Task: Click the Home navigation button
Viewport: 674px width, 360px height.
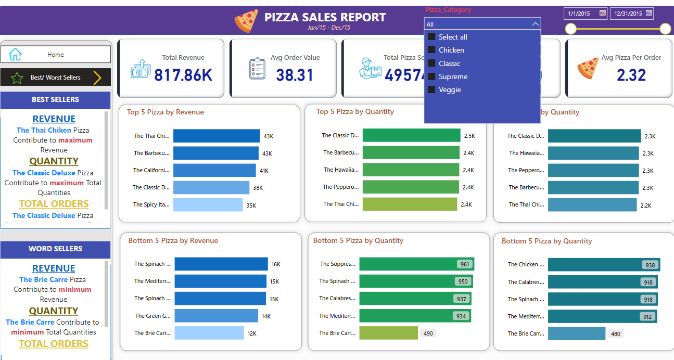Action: [x=55, y=54]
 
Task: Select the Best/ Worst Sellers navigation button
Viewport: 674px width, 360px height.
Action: [x=55, y=78]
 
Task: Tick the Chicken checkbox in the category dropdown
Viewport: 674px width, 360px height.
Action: [x=431, y=50]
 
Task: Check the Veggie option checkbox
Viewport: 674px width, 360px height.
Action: [x=431, y=89]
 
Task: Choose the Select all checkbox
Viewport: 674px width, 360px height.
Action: [x=431, y=37]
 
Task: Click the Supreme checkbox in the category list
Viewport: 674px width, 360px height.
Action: [x=431, y=76]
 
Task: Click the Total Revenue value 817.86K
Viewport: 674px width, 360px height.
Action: [x=183, y=75]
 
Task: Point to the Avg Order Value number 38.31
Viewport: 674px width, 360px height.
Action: [x=295, y=75]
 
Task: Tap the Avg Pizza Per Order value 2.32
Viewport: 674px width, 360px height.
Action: [x=631, y=75]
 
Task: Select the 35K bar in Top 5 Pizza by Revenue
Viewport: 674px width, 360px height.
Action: [x=208, y=205]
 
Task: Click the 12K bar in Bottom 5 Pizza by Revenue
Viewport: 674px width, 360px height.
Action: [x=209, y=333]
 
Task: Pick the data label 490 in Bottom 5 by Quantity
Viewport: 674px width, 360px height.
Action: [x=428, y=333]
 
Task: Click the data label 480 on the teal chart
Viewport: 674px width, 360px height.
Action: [x=615, y=334]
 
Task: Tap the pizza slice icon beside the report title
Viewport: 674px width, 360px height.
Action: [x=246, y=21]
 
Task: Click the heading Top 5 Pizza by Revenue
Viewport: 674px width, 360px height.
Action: [x=166, y=112]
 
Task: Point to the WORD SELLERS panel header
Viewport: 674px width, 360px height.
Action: [x=55, y=249]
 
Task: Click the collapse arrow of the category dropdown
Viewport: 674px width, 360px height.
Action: [x=535, y=24]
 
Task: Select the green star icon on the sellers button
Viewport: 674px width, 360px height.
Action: [x=17, y=78]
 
